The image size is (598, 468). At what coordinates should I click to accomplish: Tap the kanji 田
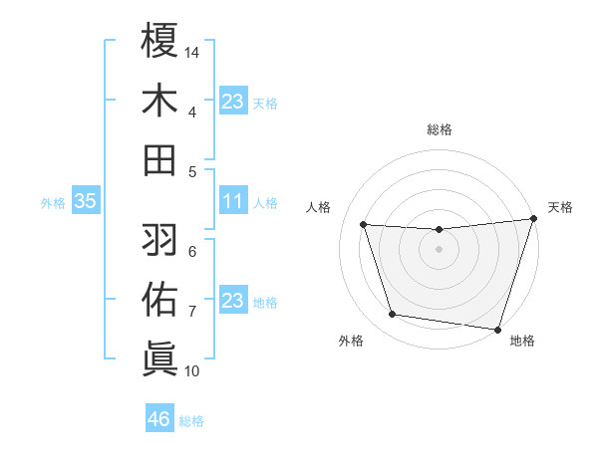click(x=160, y=159)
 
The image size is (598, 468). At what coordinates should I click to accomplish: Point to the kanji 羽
click(x=160, y=238)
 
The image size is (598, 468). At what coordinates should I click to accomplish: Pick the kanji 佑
click(x=160, y=298)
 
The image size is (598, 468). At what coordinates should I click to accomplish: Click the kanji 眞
click(x=160, y=357)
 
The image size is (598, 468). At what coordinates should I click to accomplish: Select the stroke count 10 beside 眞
click(x=193, y=371)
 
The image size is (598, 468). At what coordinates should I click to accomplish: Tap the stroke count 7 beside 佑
click(x=192, y=312)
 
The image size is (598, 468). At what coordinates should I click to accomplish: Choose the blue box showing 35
click(x=86, y=202)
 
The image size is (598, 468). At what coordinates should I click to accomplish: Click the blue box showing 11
click(x=232, y=202)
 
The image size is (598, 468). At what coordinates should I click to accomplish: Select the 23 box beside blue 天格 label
click(x=232, y=102)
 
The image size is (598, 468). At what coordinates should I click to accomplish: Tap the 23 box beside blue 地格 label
click(x=232, y=302)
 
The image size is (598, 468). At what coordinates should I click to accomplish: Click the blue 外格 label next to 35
click(x=53, y=203)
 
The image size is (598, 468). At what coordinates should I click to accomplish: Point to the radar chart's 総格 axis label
click(x=439, y=129)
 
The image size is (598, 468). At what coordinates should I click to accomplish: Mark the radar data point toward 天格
click(x=533, y=219)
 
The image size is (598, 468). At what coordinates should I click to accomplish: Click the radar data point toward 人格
click(x=364, y=225)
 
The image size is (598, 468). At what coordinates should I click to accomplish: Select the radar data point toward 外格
click(x=392, y=315)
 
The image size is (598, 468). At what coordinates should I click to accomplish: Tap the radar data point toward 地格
click(x=497, y=329)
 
